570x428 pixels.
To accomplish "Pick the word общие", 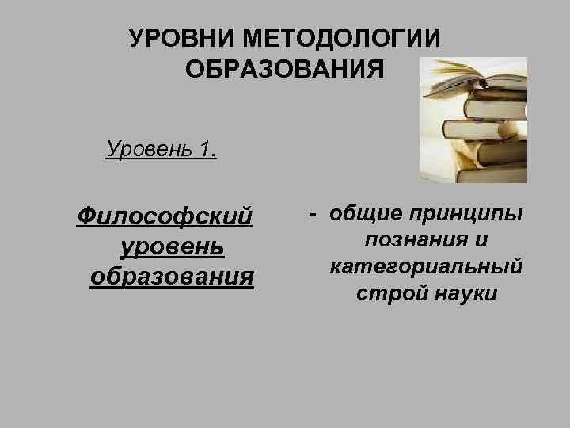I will [x=365, y=214].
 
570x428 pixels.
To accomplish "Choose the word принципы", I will [x=465, y=215].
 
